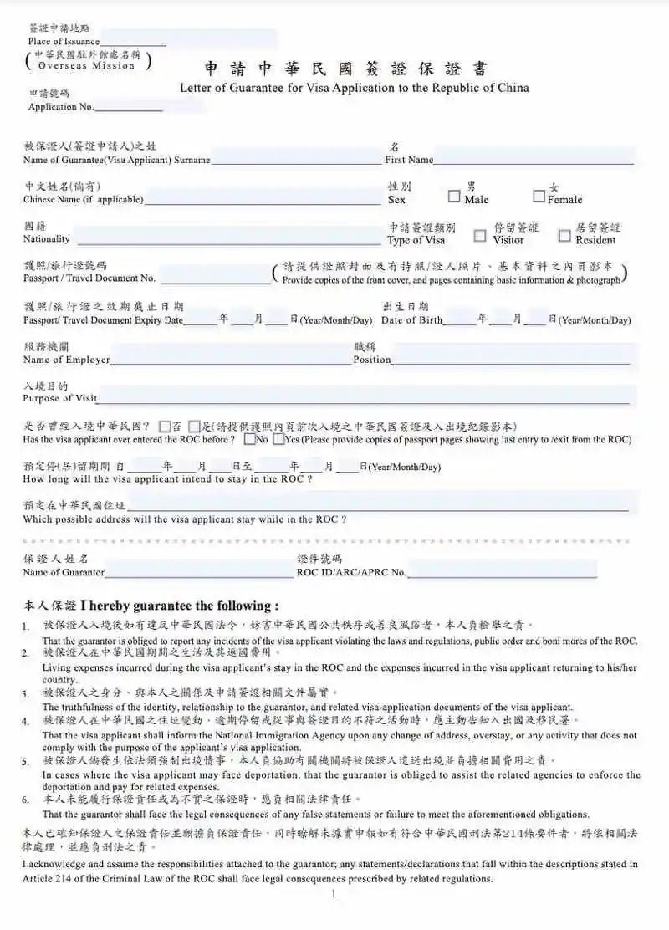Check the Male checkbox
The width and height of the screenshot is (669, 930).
(x=454, y=197)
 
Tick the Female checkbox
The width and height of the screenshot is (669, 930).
(x=539, y=197)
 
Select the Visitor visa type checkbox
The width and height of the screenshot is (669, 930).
(x=480, y=236)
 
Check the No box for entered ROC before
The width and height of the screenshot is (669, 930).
(x=250, y=439)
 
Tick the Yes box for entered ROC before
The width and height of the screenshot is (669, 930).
(x=278, y=439)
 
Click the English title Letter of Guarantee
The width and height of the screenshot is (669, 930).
(x=355, y=88)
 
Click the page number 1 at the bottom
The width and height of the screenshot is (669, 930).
(x=333, y=895)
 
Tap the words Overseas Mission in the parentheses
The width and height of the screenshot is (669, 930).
(x=86, y=65)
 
